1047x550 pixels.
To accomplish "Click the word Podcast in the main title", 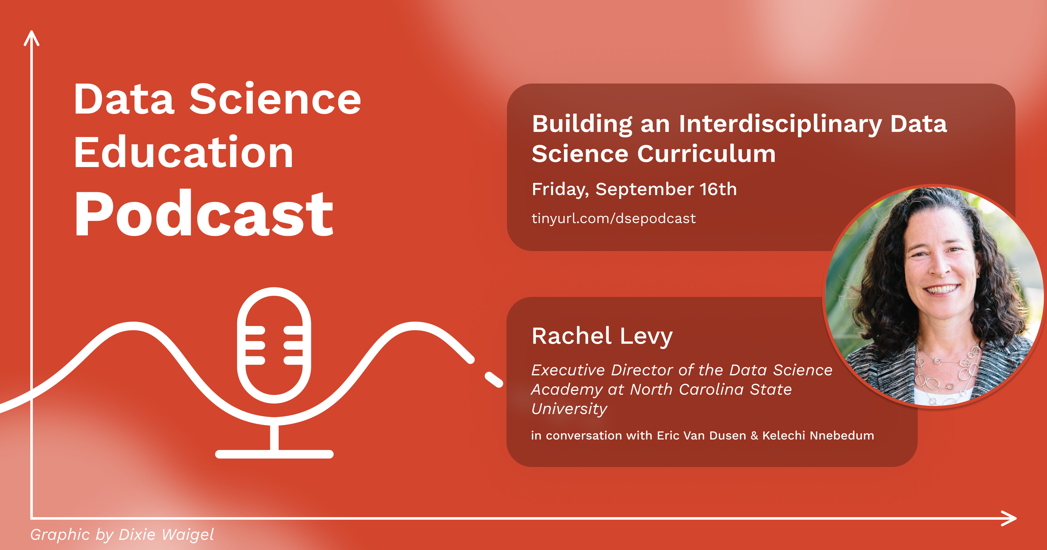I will coord(203,214).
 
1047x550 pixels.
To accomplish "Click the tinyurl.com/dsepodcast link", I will coord(614,218).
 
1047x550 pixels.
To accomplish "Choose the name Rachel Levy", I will coord(602,336).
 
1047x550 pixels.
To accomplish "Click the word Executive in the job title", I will coord(568,370).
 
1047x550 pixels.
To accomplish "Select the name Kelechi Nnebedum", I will coord(818,436).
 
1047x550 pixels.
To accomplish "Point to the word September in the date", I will coord(645,189).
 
